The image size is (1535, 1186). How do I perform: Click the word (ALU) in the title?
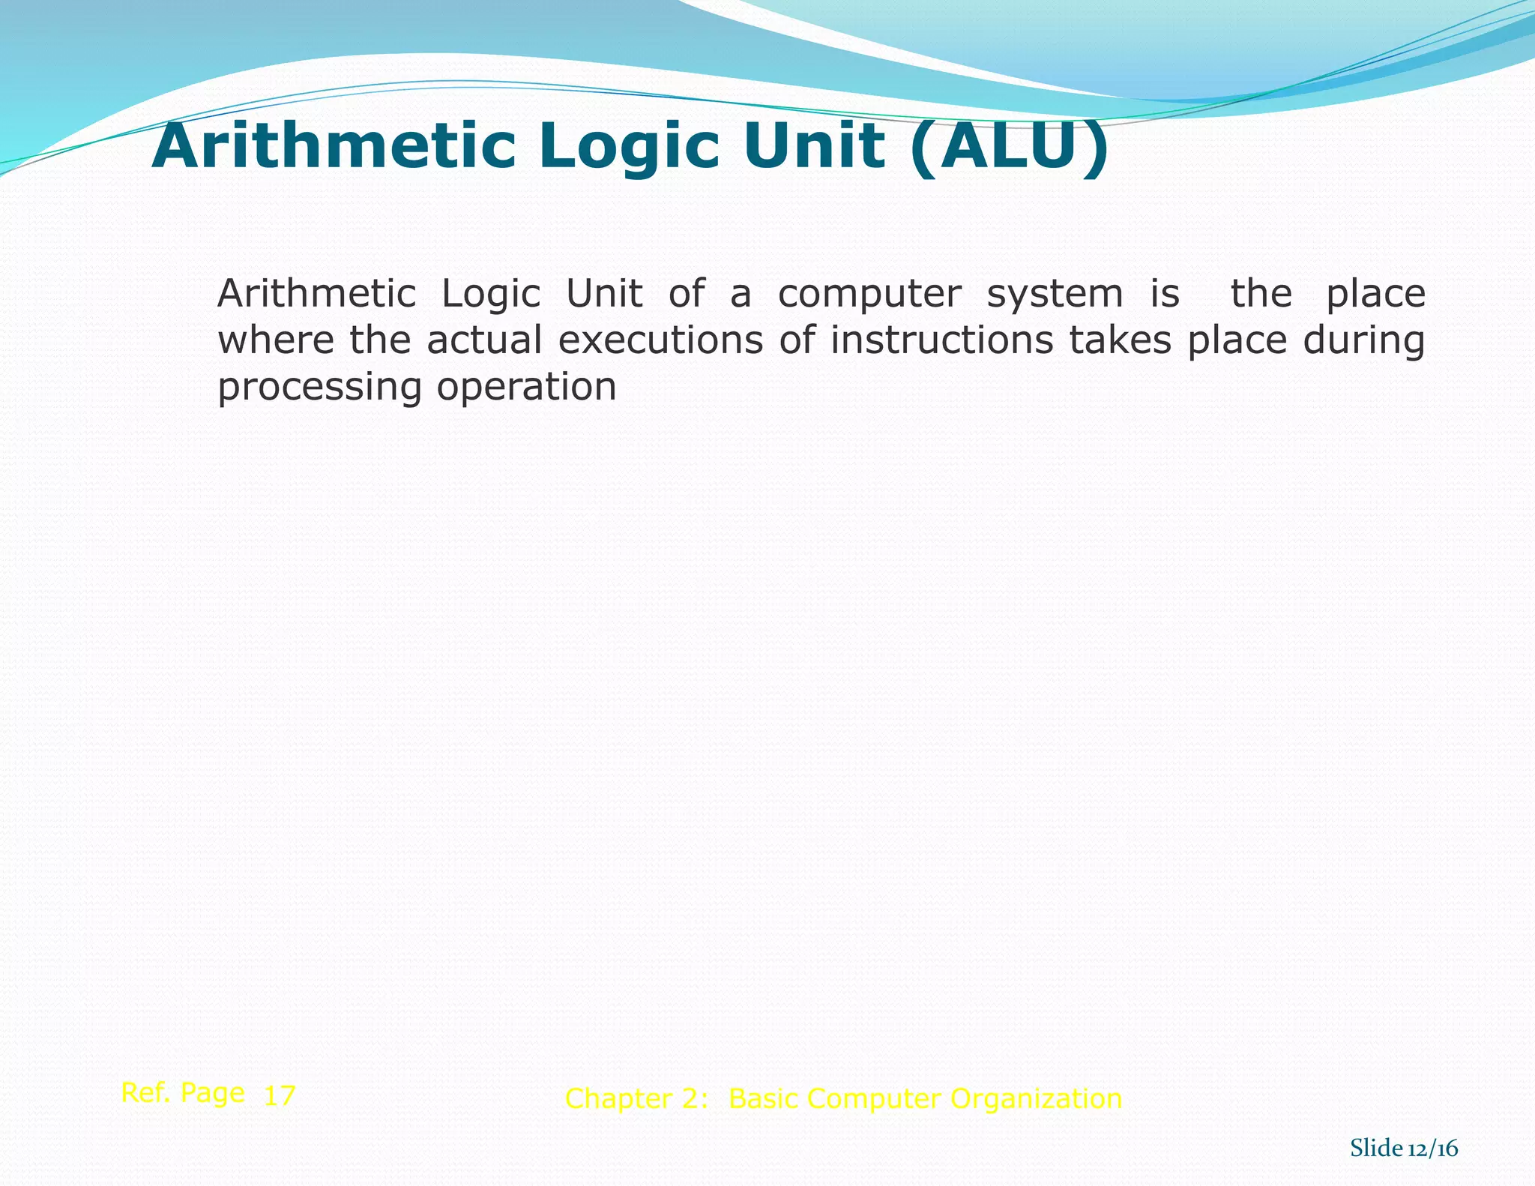1010,147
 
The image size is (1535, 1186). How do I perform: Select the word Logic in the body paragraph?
491,294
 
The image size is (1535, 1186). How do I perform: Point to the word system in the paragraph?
1055,294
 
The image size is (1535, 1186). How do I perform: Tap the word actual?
484,340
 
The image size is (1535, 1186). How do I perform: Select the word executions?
660,340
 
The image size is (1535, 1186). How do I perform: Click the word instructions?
941,340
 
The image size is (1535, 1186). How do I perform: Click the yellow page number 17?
280,1096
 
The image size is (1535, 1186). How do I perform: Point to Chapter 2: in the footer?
636,1099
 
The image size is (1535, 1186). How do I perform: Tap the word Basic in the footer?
764,1099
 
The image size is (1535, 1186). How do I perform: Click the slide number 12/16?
1432,1149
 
